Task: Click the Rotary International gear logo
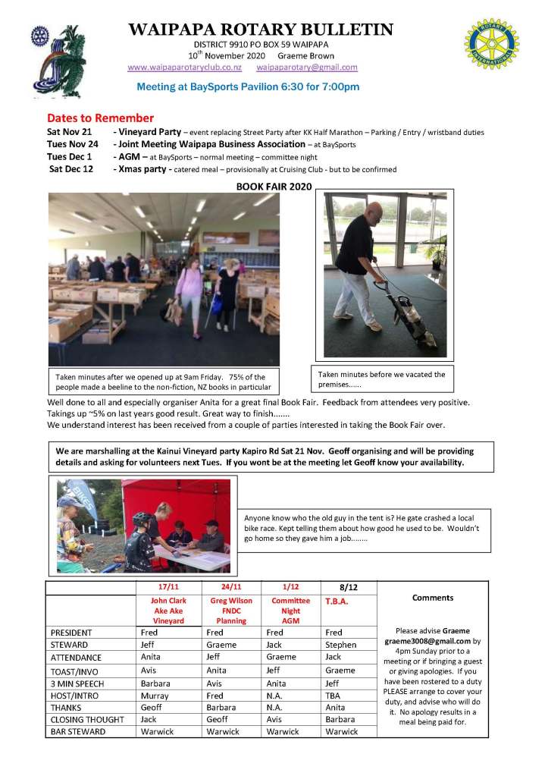tap(492, 45)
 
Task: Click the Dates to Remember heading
tap(100, 118)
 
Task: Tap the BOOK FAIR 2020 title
tap(274, 186)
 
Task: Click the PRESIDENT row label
tap(71, 633)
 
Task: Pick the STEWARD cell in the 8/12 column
tap(340, 645)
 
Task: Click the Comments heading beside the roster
tap(433, 598)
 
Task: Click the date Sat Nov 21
tap(69, 132)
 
